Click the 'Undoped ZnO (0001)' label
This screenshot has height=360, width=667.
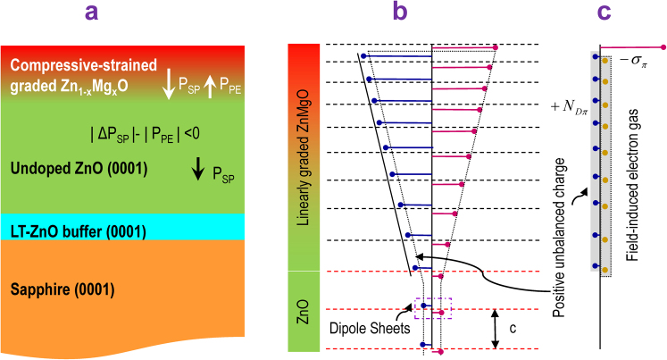point(75,168)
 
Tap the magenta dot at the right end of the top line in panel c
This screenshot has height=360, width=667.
point(663,46)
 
